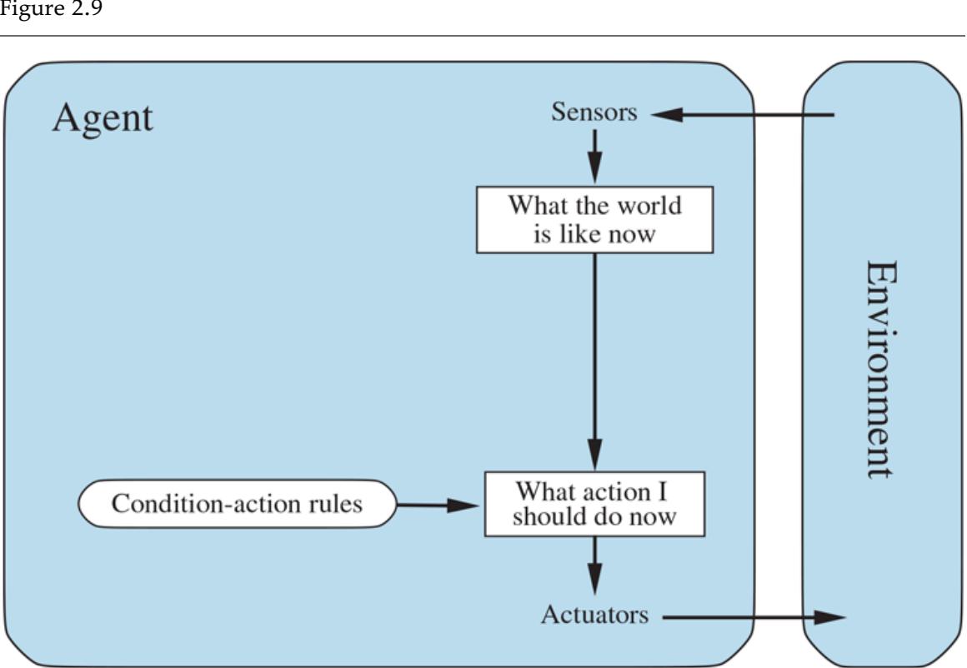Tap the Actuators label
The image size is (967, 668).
pos(594,616)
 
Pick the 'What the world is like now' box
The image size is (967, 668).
pos(594,219)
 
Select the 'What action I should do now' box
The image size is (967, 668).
pos(594,503)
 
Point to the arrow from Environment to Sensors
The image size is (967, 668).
pos(742,116)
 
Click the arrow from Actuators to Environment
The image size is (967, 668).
pos(750,617)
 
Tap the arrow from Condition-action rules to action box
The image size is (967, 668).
pos(438,505)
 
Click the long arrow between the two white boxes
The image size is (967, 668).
pos(594,358)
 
